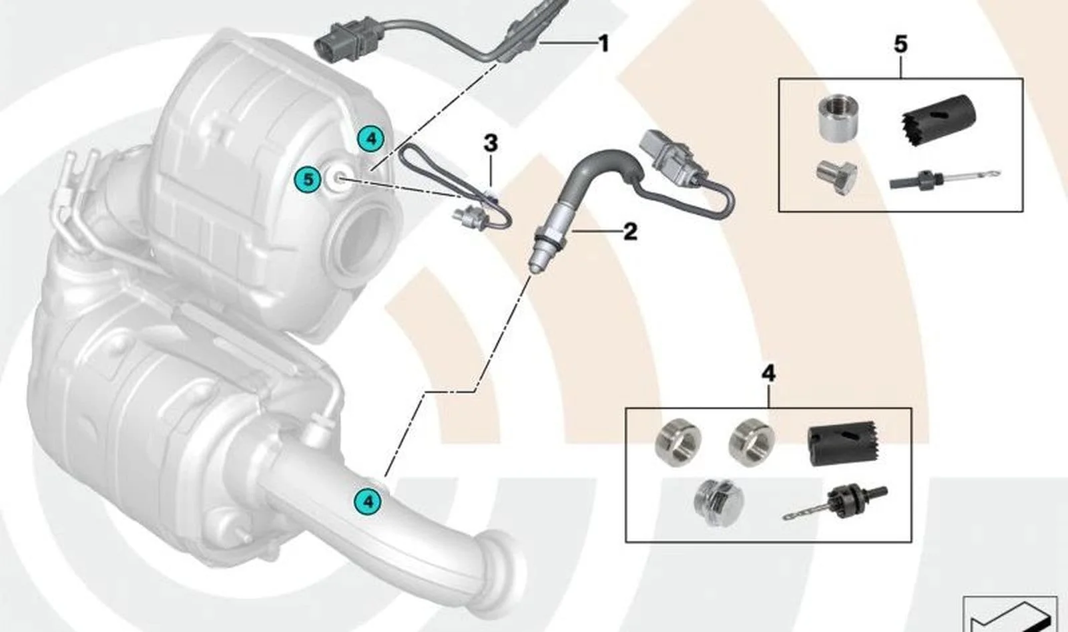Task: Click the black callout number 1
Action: coord(603,44)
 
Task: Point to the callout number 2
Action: coord(630,232)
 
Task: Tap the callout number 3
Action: coord(491,143)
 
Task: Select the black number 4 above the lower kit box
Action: coord(768,373)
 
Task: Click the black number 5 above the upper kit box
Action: coord(900,44)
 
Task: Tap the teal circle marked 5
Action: coord(308,180)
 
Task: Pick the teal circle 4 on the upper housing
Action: coord(371,139)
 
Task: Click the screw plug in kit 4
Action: coord(718,502)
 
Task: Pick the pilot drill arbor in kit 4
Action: coord(835,502)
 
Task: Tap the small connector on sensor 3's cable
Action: coord(470,217)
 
